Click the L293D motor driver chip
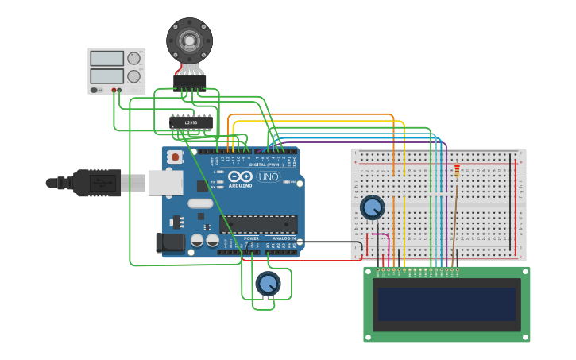191,122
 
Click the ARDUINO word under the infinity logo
240,185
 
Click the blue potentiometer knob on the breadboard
372,207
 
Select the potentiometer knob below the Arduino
268,283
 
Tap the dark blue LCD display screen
446,304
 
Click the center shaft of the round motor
189,40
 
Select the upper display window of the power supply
106,59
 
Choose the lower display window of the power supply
106,76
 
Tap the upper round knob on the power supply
133,58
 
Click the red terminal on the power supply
119,91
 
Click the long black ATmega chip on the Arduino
258,224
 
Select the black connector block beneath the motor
190,81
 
